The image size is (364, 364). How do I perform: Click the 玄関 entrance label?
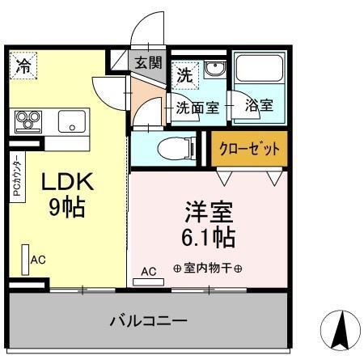(x=146, y=62)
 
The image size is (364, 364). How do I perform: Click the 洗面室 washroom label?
(x=197, y=106)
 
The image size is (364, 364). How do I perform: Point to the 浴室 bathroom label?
(x=259, y=106)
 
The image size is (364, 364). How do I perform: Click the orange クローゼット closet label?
(x=249, y=149)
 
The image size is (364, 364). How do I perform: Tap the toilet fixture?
(x=175, y=149)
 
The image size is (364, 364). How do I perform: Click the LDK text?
(x=68, y=182)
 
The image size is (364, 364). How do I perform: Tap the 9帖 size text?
(x=68, y=208)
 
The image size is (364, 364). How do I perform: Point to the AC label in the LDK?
(x=38, y=260)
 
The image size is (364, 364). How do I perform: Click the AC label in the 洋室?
(x=149, y=272)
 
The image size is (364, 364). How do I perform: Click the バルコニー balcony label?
(x=149, y=321)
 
